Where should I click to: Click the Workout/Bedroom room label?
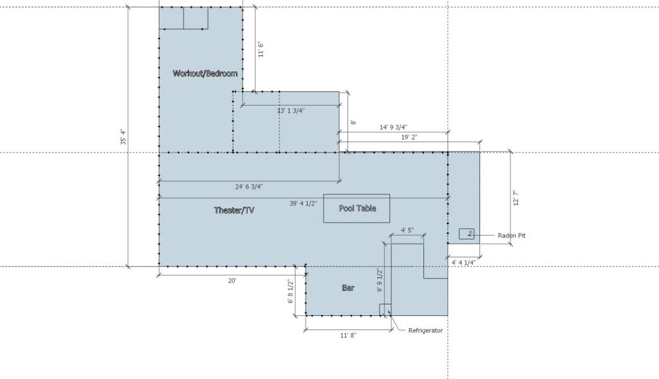tap(205, 73)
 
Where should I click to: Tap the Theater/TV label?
tap(234, 210)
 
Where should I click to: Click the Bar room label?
tap(348, 288)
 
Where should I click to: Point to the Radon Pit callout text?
tap(512, 236)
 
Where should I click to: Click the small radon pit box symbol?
tap(467, 234)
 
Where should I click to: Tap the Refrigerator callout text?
tap(425, 330)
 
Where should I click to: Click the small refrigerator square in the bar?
tap(385, 310)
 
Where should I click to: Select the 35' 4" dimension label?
tap(123, 137)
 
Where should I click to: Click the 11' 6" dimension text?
tap(261, 50)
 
